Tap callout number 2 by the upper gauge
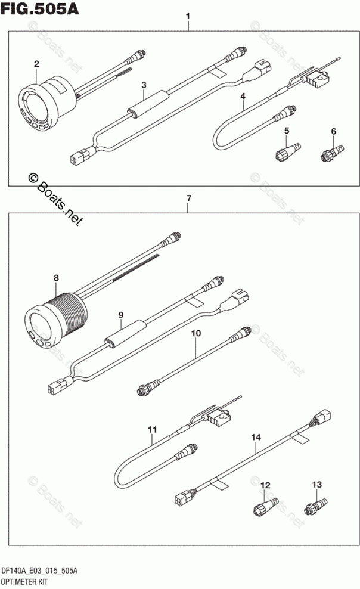tap(36, 64)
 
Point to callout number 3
tap(144, 86)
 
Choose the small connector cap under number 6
tap(331, 153)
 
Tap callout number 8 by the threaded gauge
tap(57, 278)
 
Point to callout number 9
tap(120, 314)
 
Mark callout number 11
tap(152, 429)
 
